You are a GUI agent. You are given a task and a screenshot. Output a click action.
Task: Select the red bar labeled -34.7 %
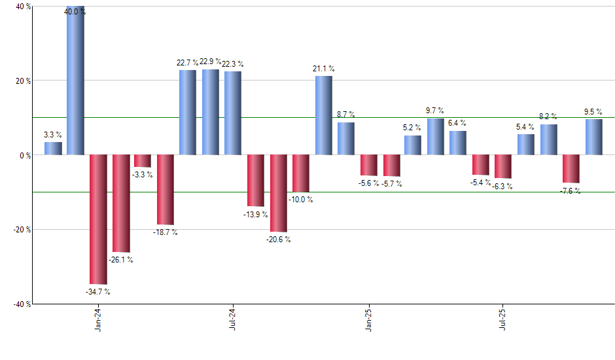(x=98, y=219)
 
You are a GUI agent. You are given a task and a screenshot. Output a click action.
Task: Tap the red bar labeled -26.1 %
(x=120, y=204)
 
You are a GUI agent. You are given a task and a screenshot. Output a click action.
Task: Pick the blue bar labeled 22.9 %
(x=211, y=112)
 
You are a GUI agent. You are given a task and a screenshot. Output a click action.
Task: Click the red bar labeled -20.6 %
(x=279, y=193)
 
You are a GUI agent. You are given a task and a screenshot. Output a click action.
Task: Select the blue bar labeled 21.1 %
(x=324, y=115)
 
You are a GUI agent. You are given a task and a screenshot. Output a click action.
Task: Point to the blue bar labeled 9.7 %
(x=436, y=136)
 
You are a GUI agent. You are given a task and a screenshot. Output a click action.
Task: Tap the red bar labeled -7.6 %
(x=571, y=169)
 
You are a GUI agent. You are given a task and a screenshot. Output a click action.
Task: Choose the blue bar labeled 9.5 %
(x=594, y=137)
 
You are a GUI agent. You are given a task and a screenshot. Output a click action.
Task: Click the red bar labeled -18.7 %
(x=166, y=190)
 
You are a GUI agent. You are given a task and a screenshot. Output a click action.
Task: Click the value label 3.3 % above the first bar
(x=53, y=135)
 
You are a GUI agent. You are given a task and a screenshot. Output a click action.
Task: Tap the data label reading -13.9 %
(x=256, y=213)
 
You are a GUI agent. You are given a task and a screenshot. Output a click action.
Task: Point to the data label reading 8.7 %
(x=346, y=115)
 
